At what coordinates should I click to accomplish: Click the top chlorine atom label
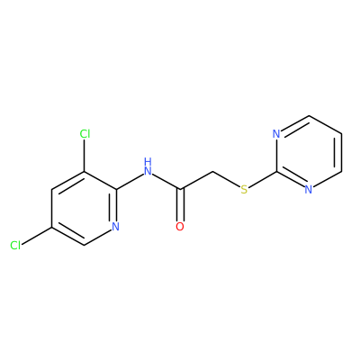[85, 134]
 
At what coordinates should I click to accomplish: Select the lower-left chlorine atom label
[15, 245]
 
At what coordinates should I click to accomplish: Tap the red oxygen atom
[180, 227]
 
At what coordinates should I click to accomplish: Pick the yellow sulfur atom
[245, 190]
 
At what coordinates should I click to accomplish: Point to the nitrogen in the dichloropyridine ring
[116, 227]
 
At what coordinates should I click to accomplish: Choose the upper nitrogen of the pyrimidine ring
[276, 134]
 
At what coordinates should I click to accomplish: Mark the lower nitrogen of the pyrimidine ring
[309, 190]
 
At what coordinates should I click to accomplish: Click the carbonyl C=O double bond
[180, 205]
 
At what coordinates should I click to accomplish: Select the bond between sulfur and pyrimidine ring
[263, 180]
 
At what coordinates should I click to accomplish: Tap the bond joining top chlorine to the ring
[85, 156]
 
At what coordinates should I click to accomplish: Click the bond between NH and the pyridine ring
[130, 182]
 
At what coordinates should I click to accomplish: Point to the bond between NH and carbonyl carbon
[166, 182]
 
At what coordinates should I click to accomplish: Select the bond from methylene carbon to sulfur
[227, 180]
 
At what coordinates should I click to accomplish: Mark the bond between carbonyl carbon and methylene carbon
[196, 180]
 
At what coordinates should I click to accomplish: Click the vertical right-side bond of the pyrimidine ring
[340, 152]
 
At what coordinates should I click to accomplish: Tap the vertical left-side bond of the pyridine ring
[52, 208]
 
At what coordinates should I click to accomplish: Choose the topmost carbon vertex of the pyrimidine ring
[309, 115]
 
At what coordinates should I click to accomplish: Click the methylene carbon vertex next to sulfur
[212, 172]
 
